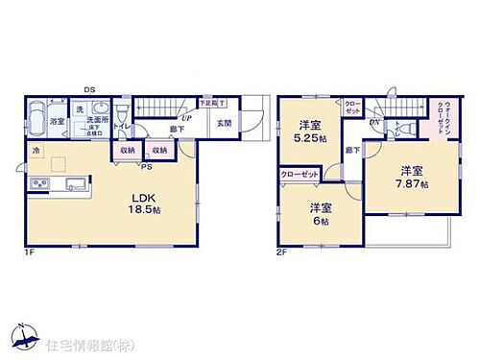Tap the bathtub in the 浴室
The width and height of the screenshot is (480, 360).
tap(36, 121)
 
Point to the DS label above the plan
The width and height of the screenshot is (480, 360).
tap(88, 90)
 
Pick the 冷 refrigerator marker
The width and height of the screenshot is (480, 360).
tap(36, 152)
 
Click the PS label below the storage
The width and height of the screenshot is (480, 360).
tap(146, 165)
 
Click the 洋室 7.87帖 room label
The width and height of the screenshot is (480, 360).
tap(410, 177)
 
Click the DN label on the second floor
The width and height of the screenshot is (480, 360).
tap(375, 122)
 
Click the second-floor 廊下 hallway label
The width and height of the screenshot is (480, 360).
tap(351, 150)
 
